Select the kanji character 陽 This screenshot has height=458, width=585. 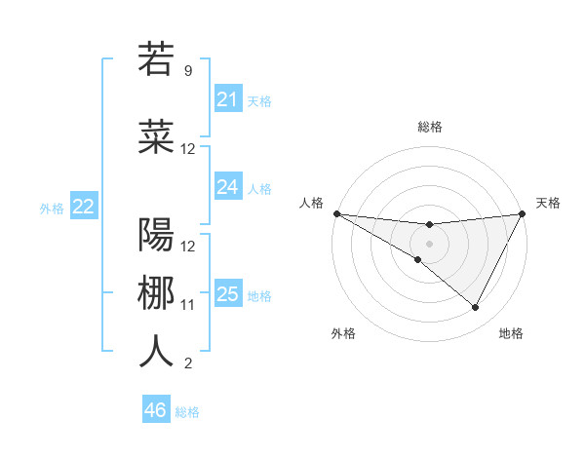click(156, 235)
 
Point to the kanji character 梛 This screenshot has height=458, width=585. click(156, 293)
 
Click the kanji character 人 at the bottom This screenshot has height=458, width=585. click(156, 352)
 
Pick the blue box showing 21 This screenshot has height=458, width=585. click(227, 99)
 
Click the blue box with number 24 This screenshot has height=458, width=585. click(227, 187)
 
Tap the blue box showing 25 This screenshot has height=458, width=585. click(227, 294)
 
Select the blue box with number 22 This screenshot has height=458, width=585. click(83, 207)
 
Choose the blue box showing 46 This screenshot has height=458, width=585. click(155, 410)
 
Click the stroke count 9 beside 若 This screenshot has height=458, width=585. click(188, 70)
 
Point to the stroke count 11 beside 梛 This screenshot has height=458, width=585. click(188, 305)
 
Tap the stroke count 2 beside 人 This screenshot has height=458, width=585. click(188, 363)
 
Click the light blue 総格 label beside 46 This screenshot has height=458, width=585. click(187, 412)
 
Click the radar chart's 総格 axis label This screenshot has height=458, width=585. click(429, 127)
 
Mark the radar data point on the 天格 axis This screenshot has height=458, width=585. click(523, 213)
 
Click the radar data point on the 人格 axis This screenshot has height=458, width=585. click(336, 213)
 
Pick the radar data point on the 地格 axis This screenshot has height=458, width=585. click(476, 307)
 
